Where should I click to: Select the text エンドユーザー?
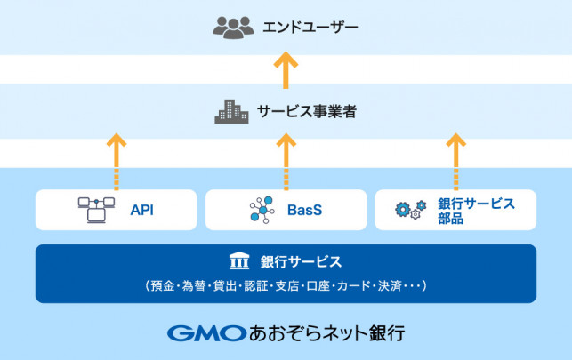(x=309, y=28)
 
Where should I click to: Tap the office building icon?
(x=232, y=112)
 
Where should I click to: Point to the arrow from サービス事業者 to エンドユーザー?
(x=286, y=69)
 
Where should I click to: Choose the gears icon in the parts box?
(x=411, y=211)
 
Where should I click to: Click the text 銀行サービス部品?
(x=476, y=211)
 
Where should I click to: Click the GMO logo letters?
(x=206, y=334)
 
